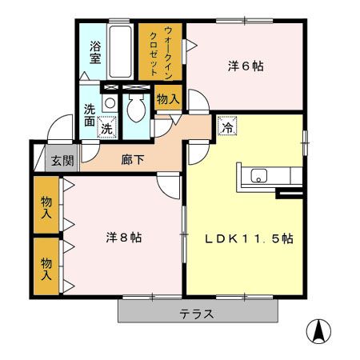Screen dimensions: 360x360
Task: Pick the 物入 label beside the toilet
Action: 167,100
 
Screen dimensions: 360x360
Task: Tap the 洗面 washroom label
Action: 89,118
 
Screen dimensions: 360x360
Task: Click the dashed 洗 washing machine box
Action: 106,126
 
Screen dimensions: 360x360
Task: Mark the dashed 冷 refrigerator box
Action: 226,126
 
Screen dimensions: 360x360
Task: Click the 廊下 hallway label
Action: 132,160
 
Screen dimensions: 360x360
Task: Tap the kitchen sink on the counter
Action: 261,175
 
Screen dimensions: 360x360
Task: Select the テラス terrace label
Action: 196,314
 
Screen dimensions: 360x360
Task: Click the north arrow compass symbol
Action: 318,330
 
